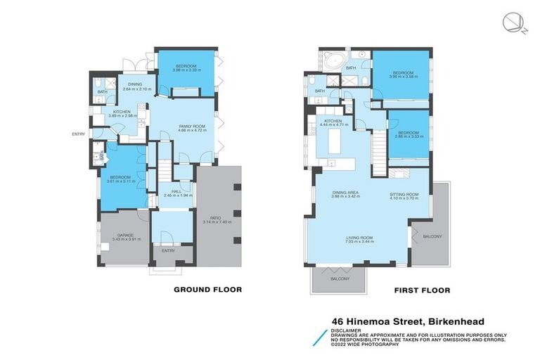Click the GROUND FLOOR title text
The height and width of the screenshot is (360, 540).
pyautogui.click(x=207, y=289)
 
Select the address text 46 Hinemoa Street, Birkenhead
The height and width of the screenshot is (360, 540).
pyautogui.click(x=408, y=321)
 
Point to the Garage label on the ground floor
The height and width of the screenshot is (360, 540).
pyautogui.click(x=123, y=235)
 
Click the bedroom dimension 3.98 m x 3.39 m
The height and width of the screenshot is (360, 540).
pyautogui.click(x=185, y=70)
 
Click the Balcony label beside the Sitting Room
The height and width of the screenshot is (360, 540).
pyautogui.click(x=432, y=238)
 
